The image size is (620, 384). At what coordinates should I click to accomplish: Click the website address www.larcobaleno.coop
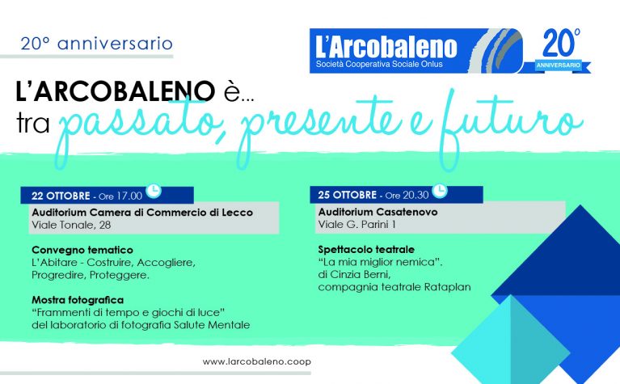[x=256, y=361]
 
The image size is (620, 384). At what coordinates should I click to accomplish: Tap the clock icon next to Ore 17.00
[x=154, y=190]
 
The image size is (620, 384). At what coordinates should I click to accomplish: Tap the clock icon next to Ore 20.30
[x=439, y=190]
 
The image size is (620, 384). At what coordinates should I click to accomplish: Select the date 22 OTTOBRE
[x=61, y=196]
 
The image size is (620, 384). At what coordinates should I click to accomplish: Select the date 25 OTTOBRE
[x=347, y=195]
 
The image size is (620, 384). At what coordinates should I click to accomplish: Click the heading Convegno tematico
[x=82, y=250]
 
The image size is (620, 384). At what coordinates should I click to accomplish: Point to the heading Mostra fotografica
[x=78, y=300]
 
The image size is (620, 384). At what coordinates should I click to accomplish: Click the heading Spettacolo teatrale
[x=366, y=250]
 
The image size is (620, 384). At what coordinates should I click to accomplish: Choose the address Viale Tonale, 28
[x=71, y=225]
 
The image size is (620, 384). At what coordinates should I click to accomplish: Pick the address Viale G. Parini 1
[x=356, y=225]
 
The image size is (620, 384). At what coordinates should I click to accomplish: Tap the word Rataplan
[x=447, y=287]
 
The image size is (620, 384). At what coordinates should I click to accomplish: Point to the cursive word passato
[x=139, y=126]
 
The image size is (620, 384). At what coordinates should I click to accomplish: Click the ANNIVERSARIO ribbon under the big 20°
[x=558, y=65]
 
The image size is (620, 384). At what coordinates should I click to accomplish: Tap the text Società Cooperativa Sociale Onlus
[x=379, y=64]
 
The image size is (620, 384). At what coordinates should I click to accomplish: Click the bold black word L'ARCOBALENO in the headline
[x=115, y=91]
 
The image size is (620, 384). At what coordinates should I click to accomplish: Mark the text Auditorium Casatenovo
[x=377, y=212]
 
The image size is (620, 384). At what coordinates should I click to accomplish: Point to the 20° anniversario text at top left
[x=96, y=44]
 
